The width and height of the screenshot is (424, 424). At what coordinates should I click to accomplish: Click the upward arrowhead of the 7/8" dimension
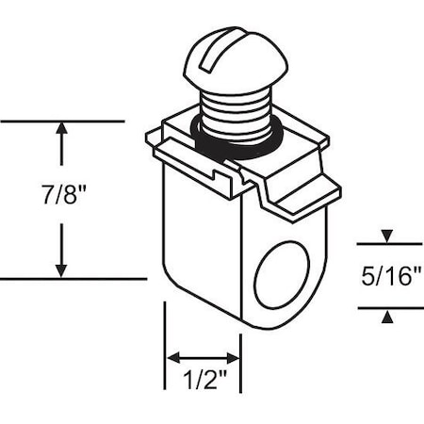click(x=62, y=130)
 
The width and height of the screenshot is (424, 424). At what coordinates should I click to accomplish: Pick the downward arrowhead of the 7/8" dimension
click(x=62, y=269)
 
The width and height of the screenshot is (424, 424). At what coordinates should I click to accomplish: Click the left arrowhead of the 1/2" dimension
click(x=174, y=358)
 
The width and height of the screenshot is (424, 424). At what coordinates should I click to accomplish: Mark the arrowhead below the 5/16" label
click(x=386, y=318)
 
